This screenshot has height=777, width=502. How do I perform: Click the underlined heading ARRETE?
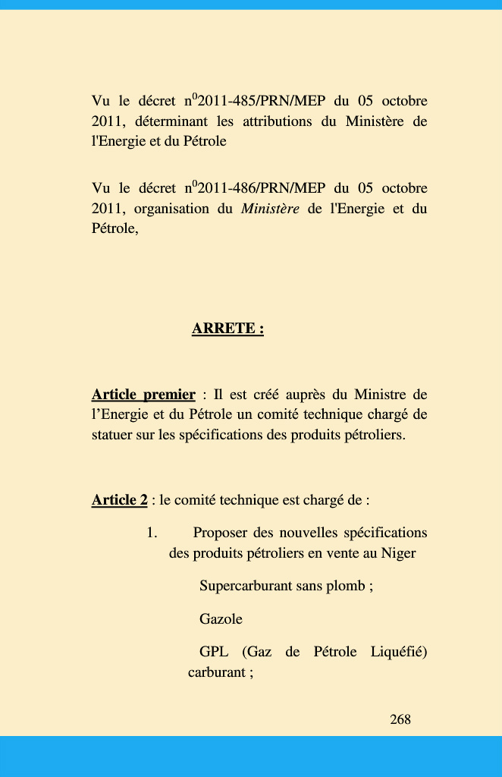pos(227,329)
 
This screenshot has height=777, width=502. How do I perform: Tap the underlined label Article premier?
pos(143,395)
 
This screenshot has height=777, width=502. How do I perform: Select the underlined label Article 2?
pos(119,500)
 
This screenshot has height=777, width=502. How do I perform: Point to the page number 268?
pos(400,719)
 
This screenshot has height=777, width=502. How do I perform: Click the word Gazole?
pos(221,619)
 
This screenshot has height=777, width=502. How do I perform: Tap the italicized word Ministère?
pos(270,209)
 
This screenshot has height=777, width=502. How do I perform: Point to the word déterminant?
pos(171,121)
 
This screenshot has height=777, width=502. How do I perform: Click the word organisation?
pos(171,209)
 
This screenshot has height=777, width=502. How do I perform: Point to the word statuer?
pos(111,436)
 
